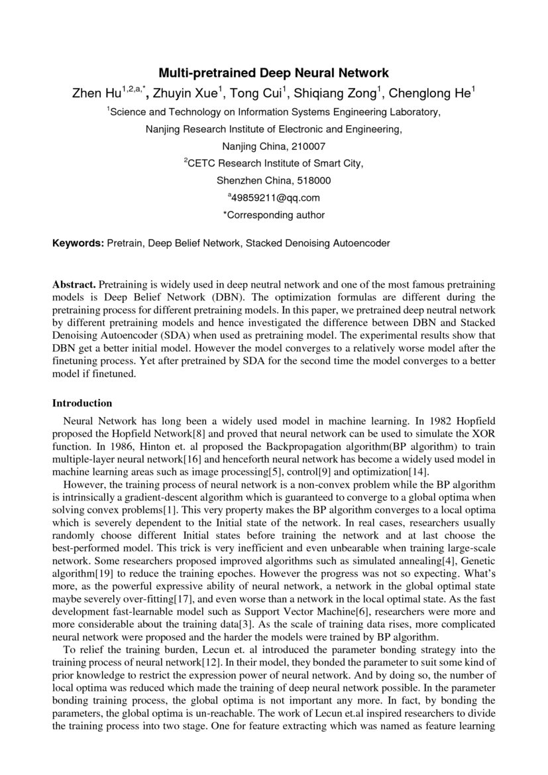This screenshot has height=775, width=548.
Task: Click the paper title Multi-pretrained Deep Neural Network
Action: point(273,73)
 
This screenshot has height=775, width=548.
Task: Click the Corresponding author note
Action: point(273,215)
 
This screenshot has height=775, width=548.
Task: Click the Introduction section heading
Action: point(82,403)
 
